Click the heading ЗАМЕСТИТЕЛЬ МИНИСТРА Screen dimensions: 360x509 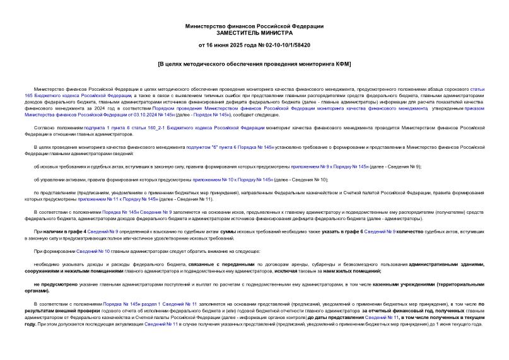254,32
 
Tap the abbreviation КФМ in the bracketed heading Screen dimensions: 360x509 342,64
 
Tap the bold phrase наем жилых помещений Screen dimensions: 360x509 355,270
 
